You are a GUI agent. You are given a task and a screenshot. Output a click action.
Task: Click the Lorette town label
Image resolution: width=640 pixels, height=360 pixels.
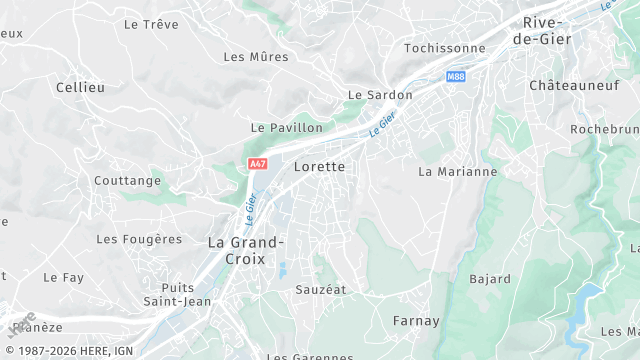pyautogui.click(x=319, y=167)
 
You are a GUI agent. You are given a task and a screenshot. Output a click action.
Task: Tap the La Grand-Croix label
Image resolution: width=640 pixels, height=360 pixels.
pyautogui.click(x=245, y=250)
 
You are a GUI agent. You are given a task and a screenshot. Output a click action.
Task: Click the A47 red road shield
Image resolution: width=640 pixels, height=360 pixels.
pyautogui.click(x=258, y=163)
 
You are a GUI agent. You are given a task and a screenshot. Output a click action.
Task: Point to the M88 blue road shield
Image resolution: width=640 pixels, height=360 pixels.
pyautogui.click(x=456, y=76)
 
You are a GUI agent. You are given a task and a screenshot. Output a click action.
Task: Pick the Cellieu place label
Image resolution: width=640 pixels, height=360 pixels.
pyautogui.click(x=81, y=88)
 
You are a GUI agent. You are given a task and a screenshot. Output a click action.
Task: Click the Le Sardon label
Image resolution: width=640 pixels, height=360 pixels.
pyautogui.click(x=380, y=95)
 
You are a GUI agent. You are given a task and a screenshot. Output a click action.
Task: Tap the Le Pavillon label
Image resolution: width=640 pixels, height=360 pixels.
pyautogui.click(x=287, y=128)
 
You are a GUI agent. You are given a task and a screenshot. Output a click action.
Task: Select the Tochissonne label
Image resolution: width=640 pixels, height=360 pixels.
pyautogui.click(x=444, y=48)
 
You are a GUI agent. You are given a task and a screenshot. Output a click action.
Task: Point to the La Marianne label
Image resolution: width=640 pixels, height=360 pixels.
pyautogui.click(x=457, y=172)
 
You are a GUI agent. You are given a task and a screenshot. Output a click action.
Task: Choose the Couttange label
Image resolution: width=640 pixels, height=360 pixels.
pyautogui.click(x=127, y=181)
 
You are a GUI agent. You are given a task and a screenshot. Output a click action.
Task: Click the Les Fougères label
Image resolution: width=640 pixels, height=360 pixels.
pyautogui.click(x=139, y=239)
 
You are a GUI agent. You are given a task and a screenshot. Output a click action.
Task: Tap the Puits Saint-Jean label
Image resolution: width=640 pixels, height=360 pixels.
pyautogui.click(x=176, y=294)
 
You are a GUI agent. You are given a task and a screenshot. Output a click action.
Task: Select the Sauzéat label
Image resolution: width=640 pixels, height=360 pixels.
pyautogui.click(x=320, y=289)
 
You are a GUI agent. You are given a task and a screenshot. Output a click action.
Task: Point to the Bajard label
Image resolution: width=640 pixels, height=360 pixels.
pyautogui.click(x=490, y=279)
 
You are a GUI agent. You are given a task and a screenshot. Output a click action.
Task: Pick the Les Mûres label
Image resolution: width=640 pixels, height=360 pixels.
pyautogui.click(x=256, y=57)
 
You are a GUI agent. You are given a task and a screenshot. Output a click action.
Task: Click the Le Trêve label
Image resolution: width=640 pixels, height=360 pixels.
pyautogui.click(x=149, y=23)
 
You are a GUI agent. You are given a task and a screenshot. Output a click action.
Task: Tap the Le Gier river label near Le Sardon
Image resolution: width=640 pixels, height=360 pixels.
pyautogui.click(x=382, y=125)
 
